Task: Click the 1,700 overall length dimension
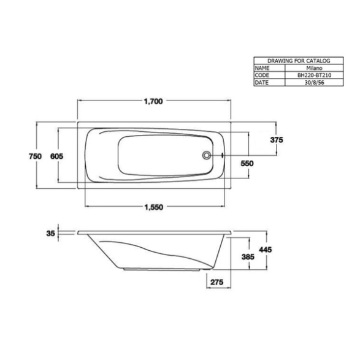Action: pos(153,101)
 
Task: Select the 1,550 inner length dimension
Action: pos(154,207)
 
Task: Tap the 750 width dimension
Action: pos(36,156)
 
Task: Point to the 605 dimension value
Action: pos(56,156)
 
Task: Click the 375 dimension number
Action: pos(277,140)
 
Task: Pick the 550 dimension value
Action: pos(247,163)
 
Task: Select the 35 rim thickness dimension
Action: pos(51,233)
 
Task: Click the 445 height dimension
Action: pos(266,250)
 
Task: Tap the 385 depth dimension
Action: pos(248,256)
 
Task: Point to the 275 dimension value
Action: pos(216,281)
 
